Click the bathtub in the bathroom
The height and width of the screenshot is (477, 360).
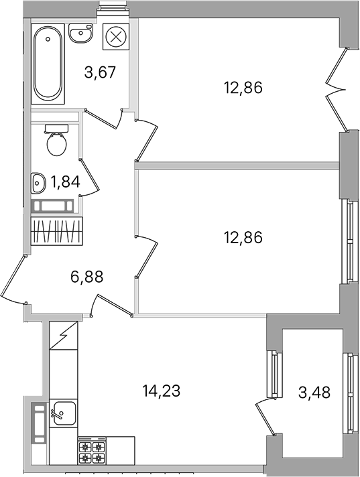[x=48, y=64]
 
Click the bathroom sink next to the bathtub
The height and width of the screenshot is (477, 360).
[x=81, y=32]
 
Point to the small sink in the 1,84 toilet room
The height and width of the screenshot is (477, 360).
[x=38, y=183]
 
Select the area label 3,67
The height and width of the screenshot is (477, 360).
[x=101, y=73]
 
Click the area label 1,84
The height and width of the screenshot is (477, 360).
[x=66, y=182]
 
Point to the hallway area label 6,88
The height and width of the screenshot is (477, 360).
[x=87, y=277]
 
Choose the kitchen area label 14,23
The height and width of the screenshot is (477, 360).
[x=162, y=391]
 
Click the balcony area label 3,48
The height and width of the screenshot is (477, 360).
[x=314, y=392]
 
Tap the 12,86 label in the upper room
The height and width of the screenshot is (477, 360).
[x=243, y=88]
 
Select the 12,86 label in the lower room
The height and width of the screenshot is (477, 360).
[x=243, y=237]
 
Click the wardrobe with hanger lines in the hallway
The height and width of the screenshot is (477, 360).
[x=57, y=230]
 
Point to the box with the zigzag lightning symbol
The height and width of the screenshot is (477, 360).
[x=64, y=336]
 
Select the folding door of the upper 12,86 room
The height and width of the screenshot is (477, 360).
[x=337, y=90]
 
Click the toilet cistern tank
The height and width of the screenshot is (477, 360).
[x=56, y=129]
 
